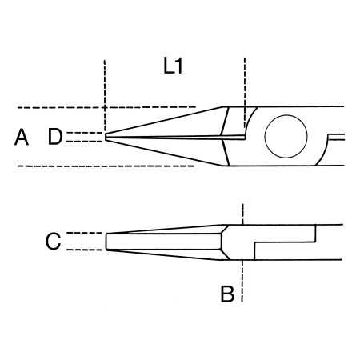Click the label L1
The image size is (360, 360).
click(174, 67)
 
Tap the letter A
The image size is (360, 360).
click(22, 138)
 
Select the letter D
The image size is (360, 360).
click(54, 137)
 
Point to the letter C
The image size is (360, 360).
click(53, 241)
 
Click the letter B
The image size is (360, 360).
click(228, 294)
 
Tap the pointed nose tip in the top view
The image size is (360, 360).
click(107, 137)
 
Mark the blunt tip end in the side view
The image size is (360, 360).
click(107, 241)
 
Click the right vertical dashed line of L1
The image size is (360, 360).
click(245, 80)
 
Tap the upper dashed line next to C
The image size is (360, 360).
click(84, 233)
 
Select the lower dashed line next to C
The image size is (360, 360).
click(84, 250)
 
